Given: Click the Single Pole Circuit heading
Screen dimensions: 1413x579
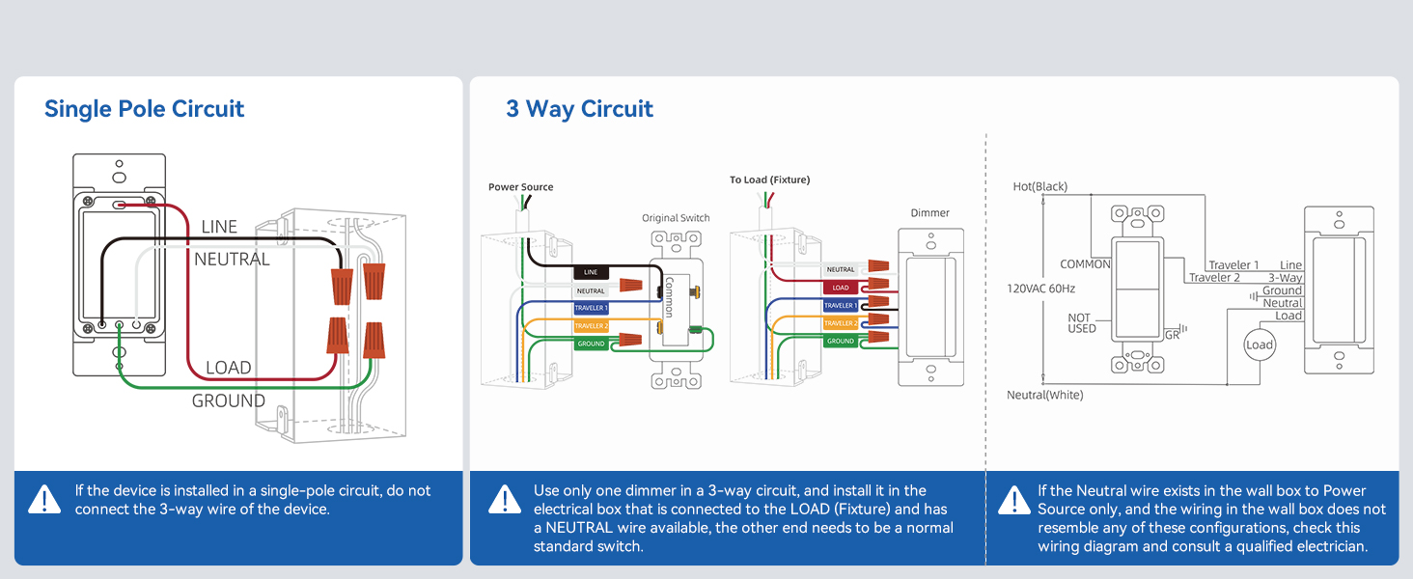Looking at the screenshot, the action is click(144, 109).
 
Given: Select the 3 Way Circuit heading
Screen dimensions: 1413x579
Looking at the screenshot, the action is click(579, 109).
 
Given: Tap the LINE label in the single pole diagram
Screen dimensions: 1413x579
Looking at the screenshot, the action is click(219, 227).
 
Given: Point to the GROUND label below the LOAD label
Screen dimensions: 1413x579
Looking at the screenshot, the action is click(229, 400).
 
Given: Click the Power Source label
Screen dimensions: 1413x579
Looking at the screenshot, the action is click(520, 186).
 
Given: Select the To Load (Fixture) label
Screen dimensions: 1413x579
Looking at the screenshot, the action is click(769, 179).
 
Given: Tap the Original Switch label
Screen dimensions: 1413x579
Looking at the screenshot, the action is click(676, 218).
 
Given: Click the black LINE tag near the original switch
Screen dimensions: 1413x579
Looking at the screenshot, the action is click(591, 272).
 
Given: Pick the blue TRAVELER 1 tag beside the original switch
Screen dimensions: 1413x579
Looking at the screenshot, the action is click(591, 308).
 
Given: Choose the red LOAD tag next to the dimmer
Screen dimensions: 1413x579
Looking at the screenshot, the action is click(841, 288).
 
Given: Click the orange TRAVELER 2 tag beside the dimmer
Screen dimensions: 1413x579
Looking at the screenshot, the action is click(841, 323).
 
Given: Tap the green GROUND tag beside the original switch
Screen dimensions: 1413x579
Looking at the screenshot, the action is click(591, 344).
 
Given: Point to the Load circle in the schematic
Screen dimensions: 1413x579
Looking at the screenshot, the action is click(1260, 345).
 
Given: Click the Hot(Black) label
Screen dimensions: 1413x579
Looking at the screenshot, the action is click(1040, 186).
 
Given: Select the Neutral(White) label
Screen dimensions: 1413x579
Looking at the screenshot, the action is click(1044, 395).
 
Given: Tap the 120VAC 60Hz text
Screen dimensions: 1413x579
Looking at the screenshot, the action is click(1040, 289).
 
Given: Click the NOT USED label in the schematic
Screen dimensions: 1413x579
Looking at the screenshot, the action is click(1082, 323).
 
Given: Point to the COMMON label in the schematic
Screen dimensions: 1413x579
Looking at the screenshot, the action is click(1085, 264).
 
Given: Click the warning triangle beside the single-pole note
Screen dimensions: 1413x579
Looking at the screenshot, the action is click(44, 500).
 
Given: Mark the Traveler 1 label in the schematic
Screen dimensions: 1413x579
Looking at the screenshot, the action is click(1233, 265).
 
